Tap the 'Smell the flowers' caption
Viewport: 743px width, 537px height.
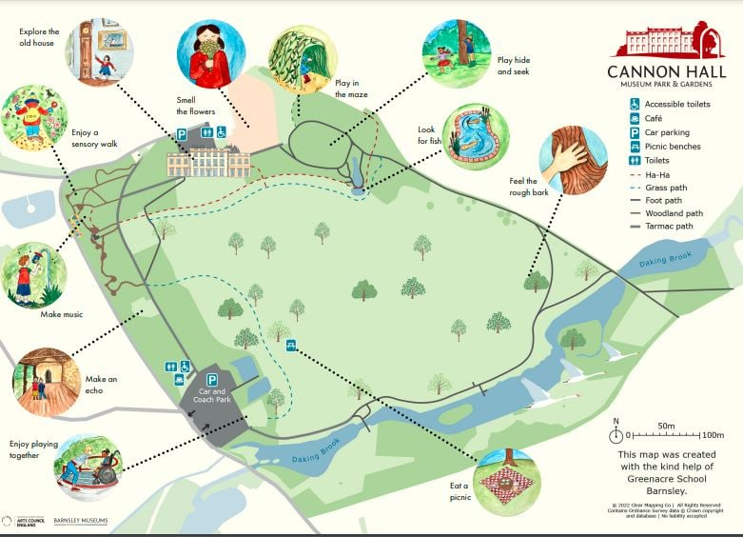[196, 106]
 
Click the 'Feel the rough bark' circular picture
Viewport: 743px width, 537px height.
[573, 161]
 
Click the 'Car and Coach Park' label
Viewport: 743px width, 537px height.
[212, 395]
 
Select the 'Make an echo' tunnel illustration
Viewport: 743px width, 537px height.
[46, 383]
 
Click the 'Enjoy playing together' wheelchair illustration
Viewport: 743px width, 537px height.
[88, 467]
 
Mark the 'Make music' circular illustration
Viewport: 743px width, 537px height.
[35, 275]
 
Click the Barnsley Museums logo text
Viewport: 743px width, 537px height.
[80, 521]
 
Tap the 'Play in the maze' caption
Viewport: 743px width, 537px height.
[350, 89]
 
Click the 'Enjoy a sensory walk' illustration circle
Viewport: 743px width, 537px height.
[35, 118]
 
